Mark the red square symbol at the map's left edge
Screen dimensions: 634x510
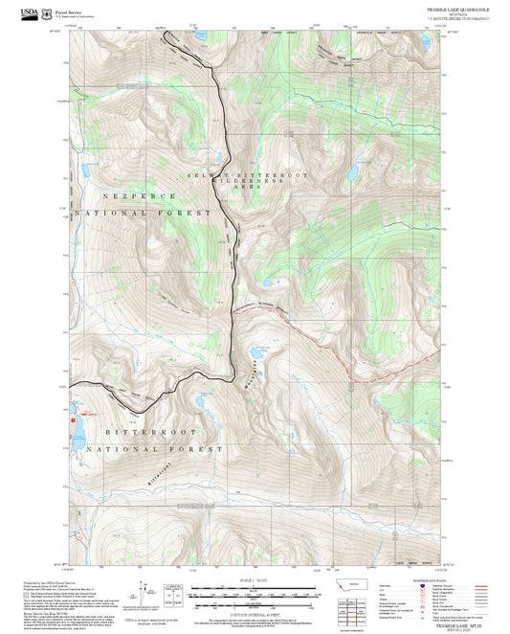72,419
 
